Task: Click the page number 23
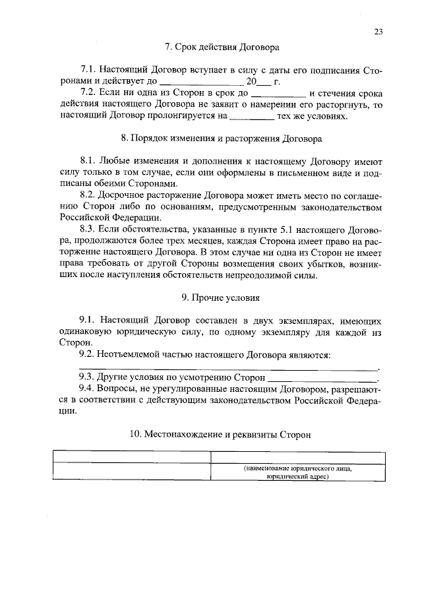(x=378, y=31)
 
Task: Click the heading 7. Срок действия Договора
(x=222, y=47)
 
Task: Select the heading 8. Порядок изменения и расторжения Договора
(x=222, y=139)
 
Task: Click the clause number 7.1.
(x=87, y=70)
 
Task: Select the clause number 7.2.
(x=87, y=93)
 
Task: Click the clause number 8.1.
(x=87, y=162)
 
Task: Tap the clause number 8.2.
(x=87, y=196)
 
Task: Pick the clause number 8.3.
(x=87, y=229)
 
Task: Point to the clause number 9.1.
(x=87, y=321)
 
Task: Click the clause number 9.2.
(x=87, y=355)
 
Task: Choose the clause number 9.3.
(x=87, y=378)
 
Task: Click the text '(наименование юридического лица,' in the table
(x=297, y=469)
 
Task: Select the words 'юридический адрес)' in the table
(x=297, y=478)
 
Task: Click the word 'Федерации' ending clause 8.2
(x=131, y=218)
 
